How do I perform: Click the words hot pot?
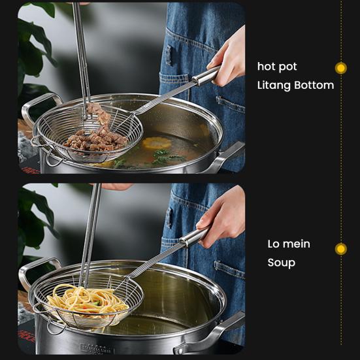[x=277, y=67]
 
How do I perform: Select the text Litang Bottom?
[x=295, y=86]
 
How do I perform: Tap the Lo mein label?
[x=289, y=244]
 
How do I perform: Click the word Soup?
[x=281, y=263]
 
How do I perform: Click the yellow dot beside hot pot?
[x=340, y=68]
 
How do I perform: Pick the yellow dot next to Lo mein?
[x=340, y=249]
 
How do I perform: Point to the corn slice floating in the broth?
[x=157, y=143]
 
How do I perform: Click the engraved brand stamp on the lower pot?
[x=105, y=348]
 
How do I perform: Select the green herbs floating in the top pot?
[x=159, y=157]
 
